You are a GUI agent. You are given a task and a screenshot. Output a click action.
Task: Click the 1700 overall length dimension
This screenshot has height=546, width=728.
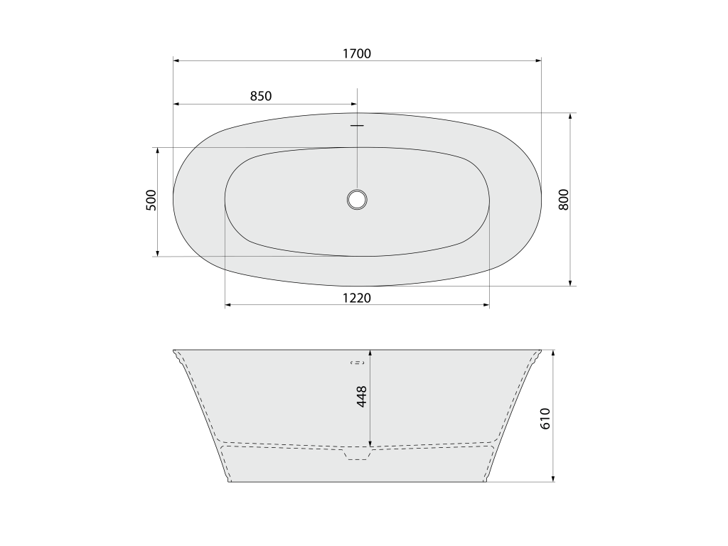coord(357,54)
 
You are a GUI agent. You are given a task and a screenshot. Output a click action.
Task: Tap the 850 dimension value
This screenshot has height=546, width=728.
coord(260,96)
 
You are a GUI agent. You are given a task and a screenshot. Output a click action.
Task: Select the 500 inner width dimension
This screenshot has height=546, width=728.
coord(152,200)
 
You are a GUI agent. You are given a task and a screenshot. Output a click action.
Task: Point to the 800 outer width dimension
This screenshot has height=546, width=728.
coord(563,200)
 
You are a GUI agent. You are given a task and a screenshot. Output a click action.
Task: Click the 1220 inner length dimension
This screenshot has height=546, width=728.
coord(357,298)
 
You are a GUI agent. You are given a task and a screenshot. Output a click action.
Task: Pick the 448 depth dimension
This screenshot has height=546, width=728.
coord(362,397)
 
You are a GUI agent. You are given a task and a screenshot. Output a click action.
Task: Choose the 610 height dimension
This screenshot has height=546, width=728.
coord(545,418)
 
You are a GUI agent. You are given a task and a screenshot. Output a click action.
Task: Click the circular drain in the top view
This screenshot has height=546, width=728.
coord(357,200)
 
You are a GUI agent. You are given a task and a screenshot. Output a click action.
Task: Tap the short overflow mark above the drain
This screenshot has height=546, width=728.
coord(357,125)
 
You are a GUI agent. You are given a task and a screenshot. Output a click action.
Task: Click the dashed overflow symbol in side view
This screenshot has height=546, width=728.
coord(358,363)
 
